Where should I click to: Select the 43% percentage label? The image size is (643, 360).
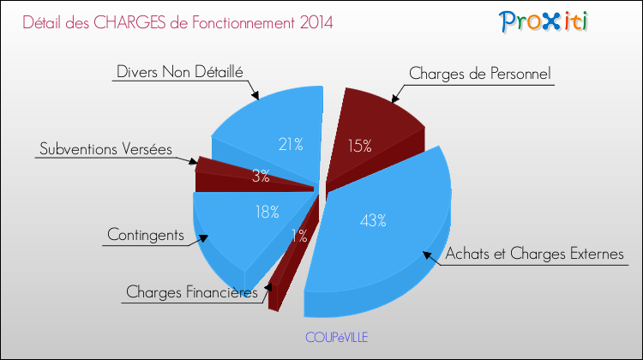[373, 221]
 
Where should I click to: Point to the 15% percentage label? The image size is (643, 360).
[359, 146]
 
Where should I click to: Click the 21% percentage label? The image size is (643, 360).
[290, 144]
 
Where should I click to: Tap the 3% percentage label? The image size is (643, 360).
[261, 176]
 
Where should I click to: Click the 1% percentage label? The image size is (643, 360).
[299, 237]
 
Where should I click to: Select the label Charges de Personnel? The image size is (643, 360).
[481, 74]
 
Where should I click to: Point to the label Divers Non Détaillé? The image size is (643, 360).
[179, 72]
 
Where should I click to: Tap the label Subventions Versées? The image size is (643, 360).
[105, 148]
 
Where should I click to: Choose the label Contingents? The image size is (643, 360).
[145, 234]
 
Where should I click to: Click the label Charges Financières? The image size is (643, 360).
[191, 292]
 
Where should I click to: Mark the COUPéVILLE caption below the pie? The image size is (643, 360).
[336, 337]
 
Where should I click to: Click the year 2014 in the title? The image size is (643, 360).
[312, 21]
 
